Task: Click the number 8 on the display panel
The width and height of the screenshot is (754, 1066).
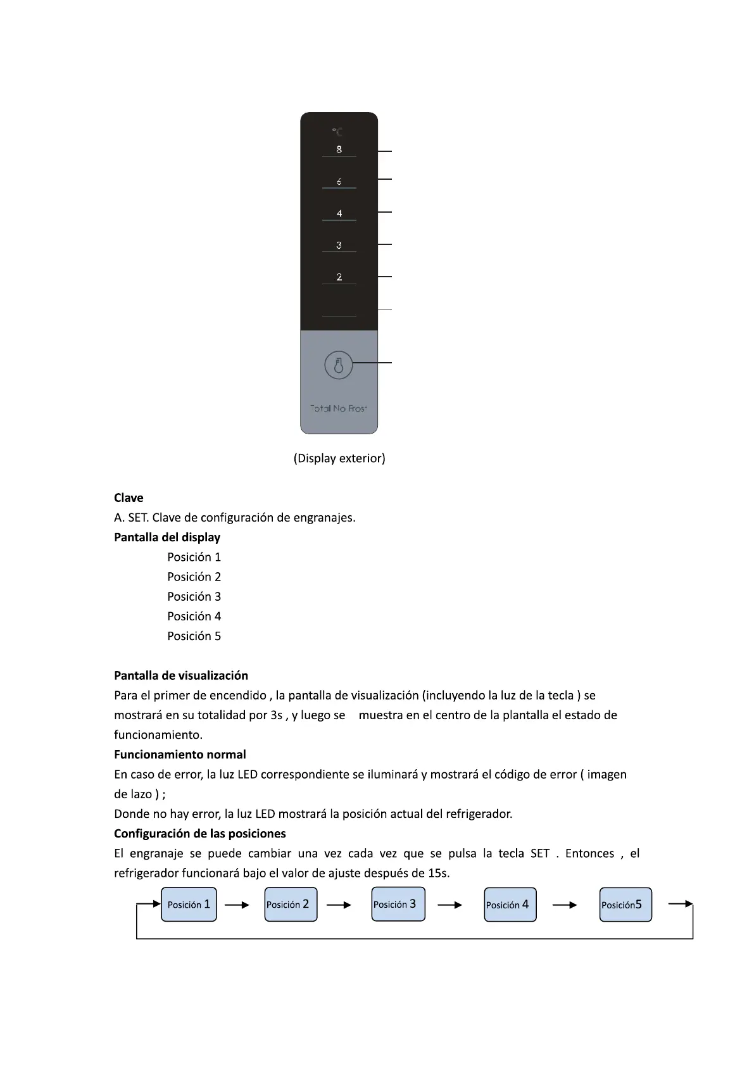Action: [x=339, y=149]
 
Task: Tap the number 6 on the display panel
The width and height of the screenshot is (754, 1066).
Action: [x=339, y=182]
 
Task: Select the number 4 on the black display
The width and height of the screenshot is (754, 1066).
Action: [x=339, y=213]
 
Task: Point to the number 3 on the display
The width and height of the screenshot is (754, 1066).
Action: [x=339, y=245]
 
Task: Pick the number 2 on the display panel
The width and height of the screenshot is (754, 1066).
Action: [x=339, y=277]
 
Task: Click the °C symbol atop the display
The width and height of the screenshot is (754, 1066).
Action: [x=337, y=132]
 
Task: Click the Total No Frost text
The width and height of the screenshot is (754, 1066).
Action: [x=339, y=408]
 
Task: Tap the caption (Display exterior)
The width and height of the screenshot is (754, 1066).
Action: [x=339, y=458]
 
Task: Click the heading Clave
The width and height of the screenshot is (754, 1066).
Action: [x=129, y=498]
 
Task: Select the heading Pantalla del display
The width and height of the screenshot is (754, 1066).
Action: [x=167, y=537]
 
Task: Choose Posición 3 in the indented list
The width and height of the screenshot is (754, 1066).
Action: [x=194, y=596]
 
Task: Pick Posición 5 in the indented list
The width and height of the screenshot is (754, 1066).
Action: [x=194, y=636]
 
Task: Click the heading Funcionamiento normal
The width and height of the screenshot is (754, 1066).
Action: [x=180, y=754]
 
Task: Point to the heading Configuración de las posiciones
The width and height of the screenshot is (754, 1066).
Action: [x=199, y=833]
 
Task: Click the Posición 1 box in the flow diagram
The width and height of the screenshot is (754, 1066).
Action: [x=189, y=905]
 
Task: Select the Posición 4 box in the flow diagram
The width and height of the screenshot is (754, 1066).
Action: [x=510, y=905]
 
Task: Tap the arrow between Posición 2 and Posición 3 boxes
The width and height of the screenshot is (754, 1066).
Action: [x=339, y=905]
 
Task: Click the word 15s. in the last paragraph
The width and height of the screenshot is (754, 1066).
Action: [x=439, y=873]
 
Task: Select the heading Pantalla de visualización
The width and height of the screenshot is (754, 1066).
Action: [x=181, y=675]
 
